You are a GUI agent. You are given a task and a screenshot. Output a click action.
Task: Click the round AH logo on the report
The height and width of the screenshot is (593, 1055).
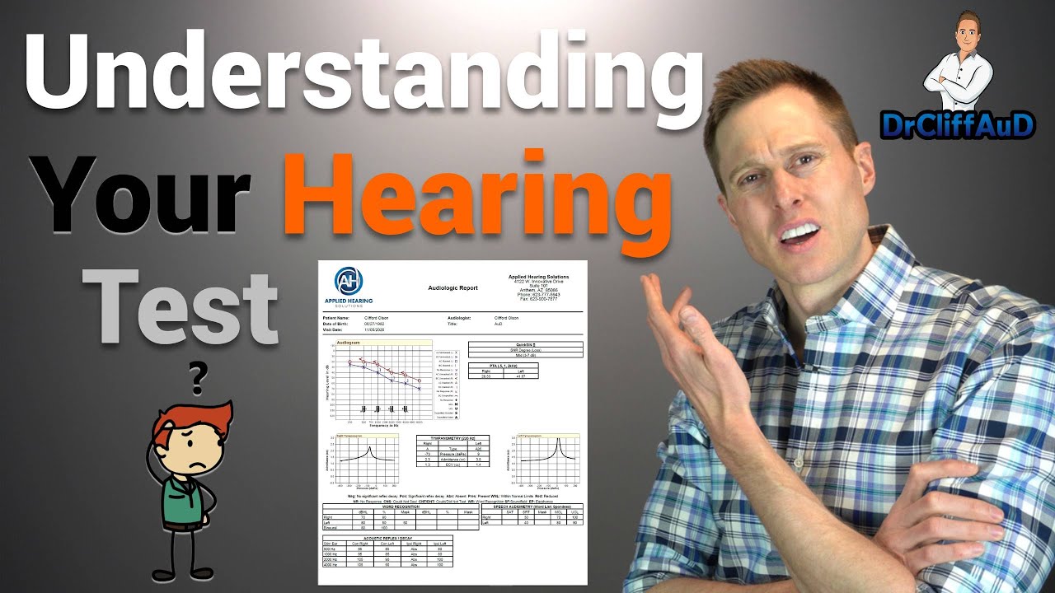click(x=349, y=282)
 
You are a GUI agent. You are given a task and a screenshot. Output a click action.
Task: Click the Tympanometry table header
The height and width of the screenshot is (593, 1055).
click(x=452, y=438)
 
